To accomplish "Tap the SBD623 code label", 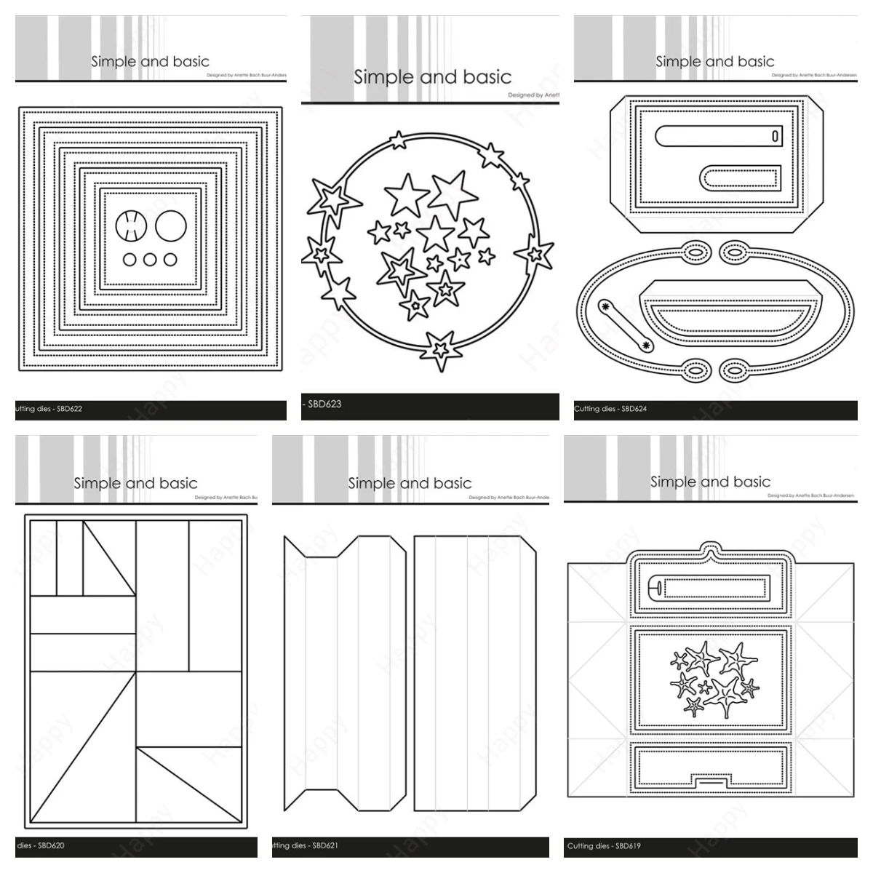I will (324, 404).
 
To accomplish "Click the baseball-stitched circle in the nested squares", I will (131, 226).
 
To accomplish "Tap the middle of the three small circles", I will (150, 260).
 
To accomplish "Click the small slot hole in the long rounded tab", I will (776, 136).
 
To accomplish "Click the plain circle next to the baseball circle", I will (172, 226).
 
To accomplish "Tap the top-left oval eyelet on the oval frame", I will (695, 252).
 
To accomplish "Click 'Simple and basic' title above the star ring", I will (432, 77).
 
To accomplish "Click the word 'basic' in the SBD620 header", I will (178, 483).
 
